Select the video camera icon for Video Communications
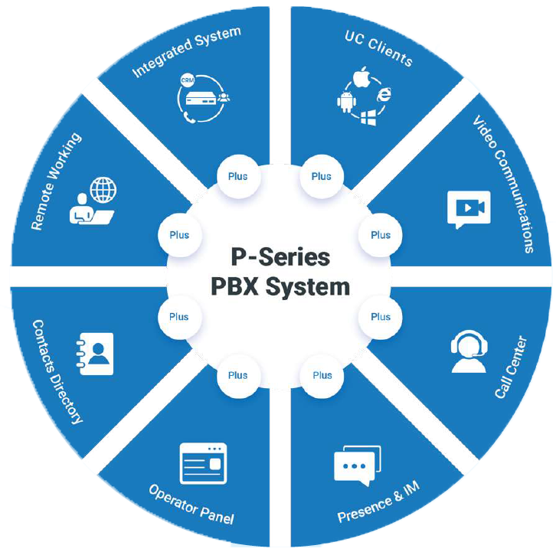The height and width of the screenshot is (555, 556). click(468, 208)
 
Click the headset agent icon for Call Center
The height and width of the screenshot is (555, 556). click(468, 352)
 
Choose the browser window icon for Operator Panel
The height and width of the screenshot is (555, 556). click(204, 462)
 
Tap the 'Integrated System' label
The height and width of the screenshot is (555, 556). click(186, 52)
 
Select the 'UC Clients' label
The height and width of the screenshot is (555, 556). click(378, 49)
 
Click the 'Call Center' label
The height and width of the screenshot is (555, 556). click(511, 366)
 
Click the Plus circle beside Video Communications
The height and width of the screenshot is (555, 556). click(381, 235)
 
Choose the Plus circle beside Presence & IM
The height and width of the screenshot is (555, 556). click(322, 375)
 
